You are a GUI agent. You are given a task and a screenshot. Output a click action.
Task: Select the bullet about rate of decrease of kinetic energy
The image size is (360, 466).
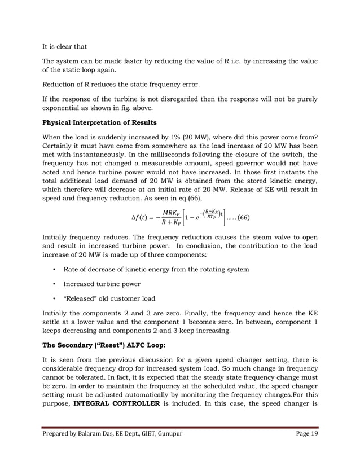click(156, 270)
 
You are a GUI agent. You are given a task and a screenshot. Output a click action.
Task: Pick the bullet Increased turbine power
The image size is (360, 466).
click(102, 284)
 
